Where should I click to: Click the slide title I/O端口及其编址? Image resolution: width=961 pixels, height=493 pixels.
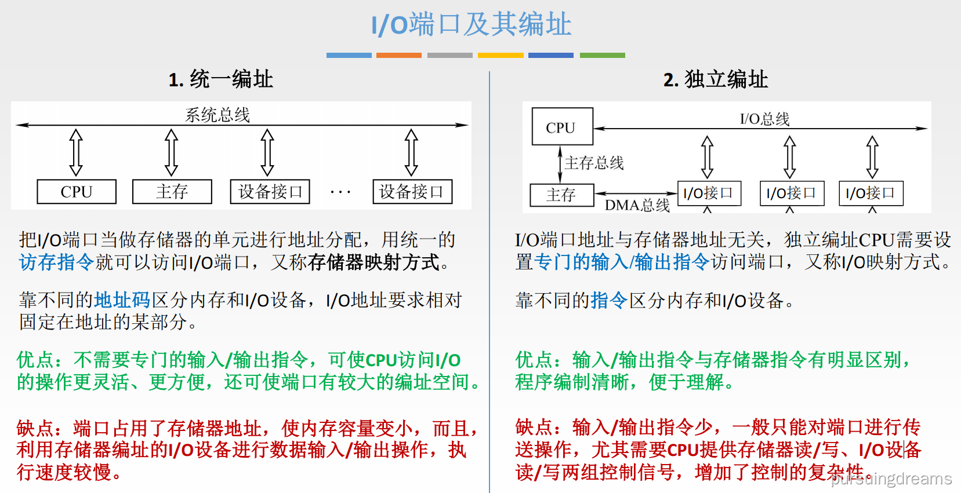[x=471, y=25]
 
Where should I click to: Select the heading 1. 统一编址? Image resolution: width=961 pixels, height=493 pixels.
[x=220, y=79]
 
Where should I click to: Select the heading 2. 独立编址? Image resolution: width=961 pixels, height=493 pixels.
[x=716, y=79]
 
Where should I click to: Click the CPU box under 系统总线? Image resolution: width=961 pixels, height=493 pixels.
[x=77, y=192]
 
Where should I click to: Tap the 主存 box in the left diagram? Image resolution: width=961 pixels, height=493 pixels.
[x=172, y=192]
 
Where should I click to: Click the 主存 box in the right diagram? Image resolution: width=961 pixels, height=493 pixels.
[x=561, y=195]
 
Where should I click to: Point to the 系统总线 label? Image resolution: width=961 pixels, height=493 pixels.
[x=217, y=115]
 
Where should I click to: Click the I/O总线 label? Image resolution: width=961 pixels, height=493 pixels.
[x=764, y=119]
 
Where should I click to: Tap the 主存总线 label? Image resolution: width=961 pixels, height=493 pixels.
[x=594, y=163]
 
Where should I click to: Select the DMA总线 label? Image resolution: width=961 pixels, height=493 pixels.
[x=637, y=205]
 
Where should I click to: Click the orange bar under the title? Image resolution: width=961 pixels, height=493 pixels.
[x=399, y=55]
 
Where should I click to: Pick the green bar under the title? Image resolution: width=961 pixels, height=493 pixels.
[x=602, y=55]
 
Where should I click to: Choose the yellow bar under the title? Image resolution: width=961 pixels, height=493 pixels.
[x=501, y=55]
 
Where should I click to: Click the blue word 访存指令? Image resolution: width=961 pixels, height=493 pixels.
[x=56, y=262]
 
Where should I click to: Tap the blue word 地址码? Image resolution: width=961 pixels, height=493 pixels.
[x=122, y=300]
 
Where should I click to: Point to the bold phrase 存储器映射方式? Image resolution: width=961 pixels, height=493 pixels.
[x=373, y=262]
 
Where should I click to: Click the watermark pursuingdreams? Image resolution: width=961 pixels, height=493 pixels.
[x=891, y=479]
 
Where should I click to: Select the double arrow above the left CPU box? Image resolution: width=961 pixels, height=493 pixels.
[x=76, y=152]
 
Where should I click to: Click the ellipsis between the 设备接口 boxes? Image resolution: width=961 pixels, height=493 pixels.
[x=340, y=192]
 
